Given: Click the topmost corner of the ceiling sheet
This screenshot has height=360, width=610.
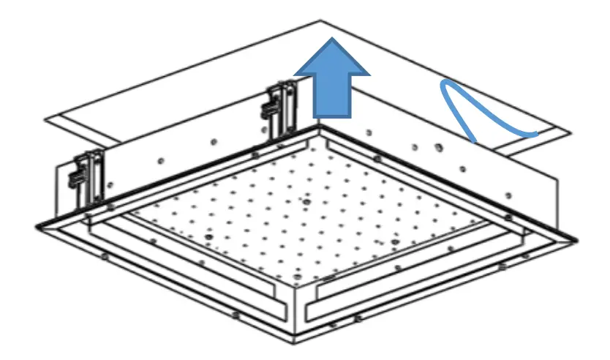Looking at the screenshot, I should click(x=321, y=20).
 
